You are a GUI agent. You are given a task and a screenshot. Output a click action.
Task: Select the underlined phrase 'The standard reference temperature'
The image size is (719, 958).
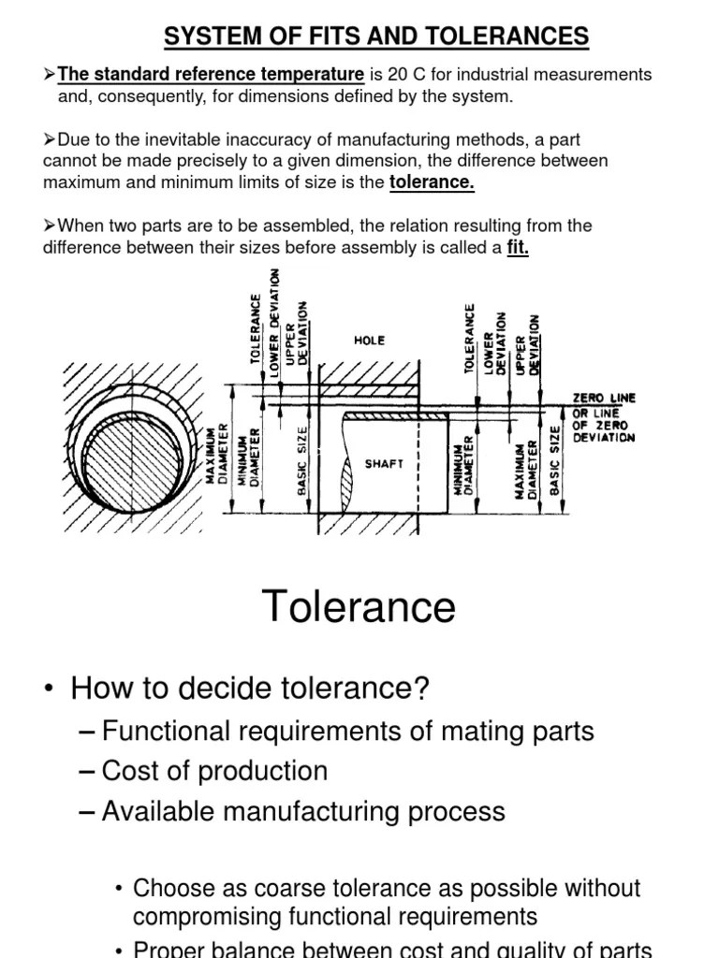click(x=211, y=74)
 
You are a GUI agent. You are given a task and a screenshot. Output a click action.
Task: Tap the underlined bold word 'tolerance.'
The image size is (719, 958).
click(x=432, y=182)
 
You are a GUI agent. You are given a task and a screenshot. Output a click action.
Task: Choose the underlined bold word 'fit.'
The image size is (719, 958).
click(x=518, y=248)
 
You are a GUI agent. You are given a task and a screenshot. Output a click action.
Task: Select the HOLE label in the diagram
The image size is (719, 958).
click(x=369, y=341)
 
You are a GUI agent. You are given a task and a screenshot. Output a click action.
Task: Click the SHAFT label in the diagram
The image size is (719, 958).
click(x=384, y=463)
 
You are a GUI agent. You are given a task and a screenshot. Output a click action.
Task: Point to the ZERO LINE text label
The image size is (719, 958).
click(x=604, y=398)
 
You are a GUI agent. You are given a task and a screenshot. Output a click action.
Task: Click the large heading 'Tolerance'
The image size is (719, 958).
click(x=359, y=606)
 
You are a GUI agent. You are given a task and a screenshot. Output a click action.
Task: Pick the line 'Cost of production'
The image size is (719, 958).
click(x=214, y=771)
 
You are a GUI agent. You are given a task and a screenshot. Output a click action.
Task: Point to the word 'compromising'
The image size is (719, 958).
click(x=210, y=916)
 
